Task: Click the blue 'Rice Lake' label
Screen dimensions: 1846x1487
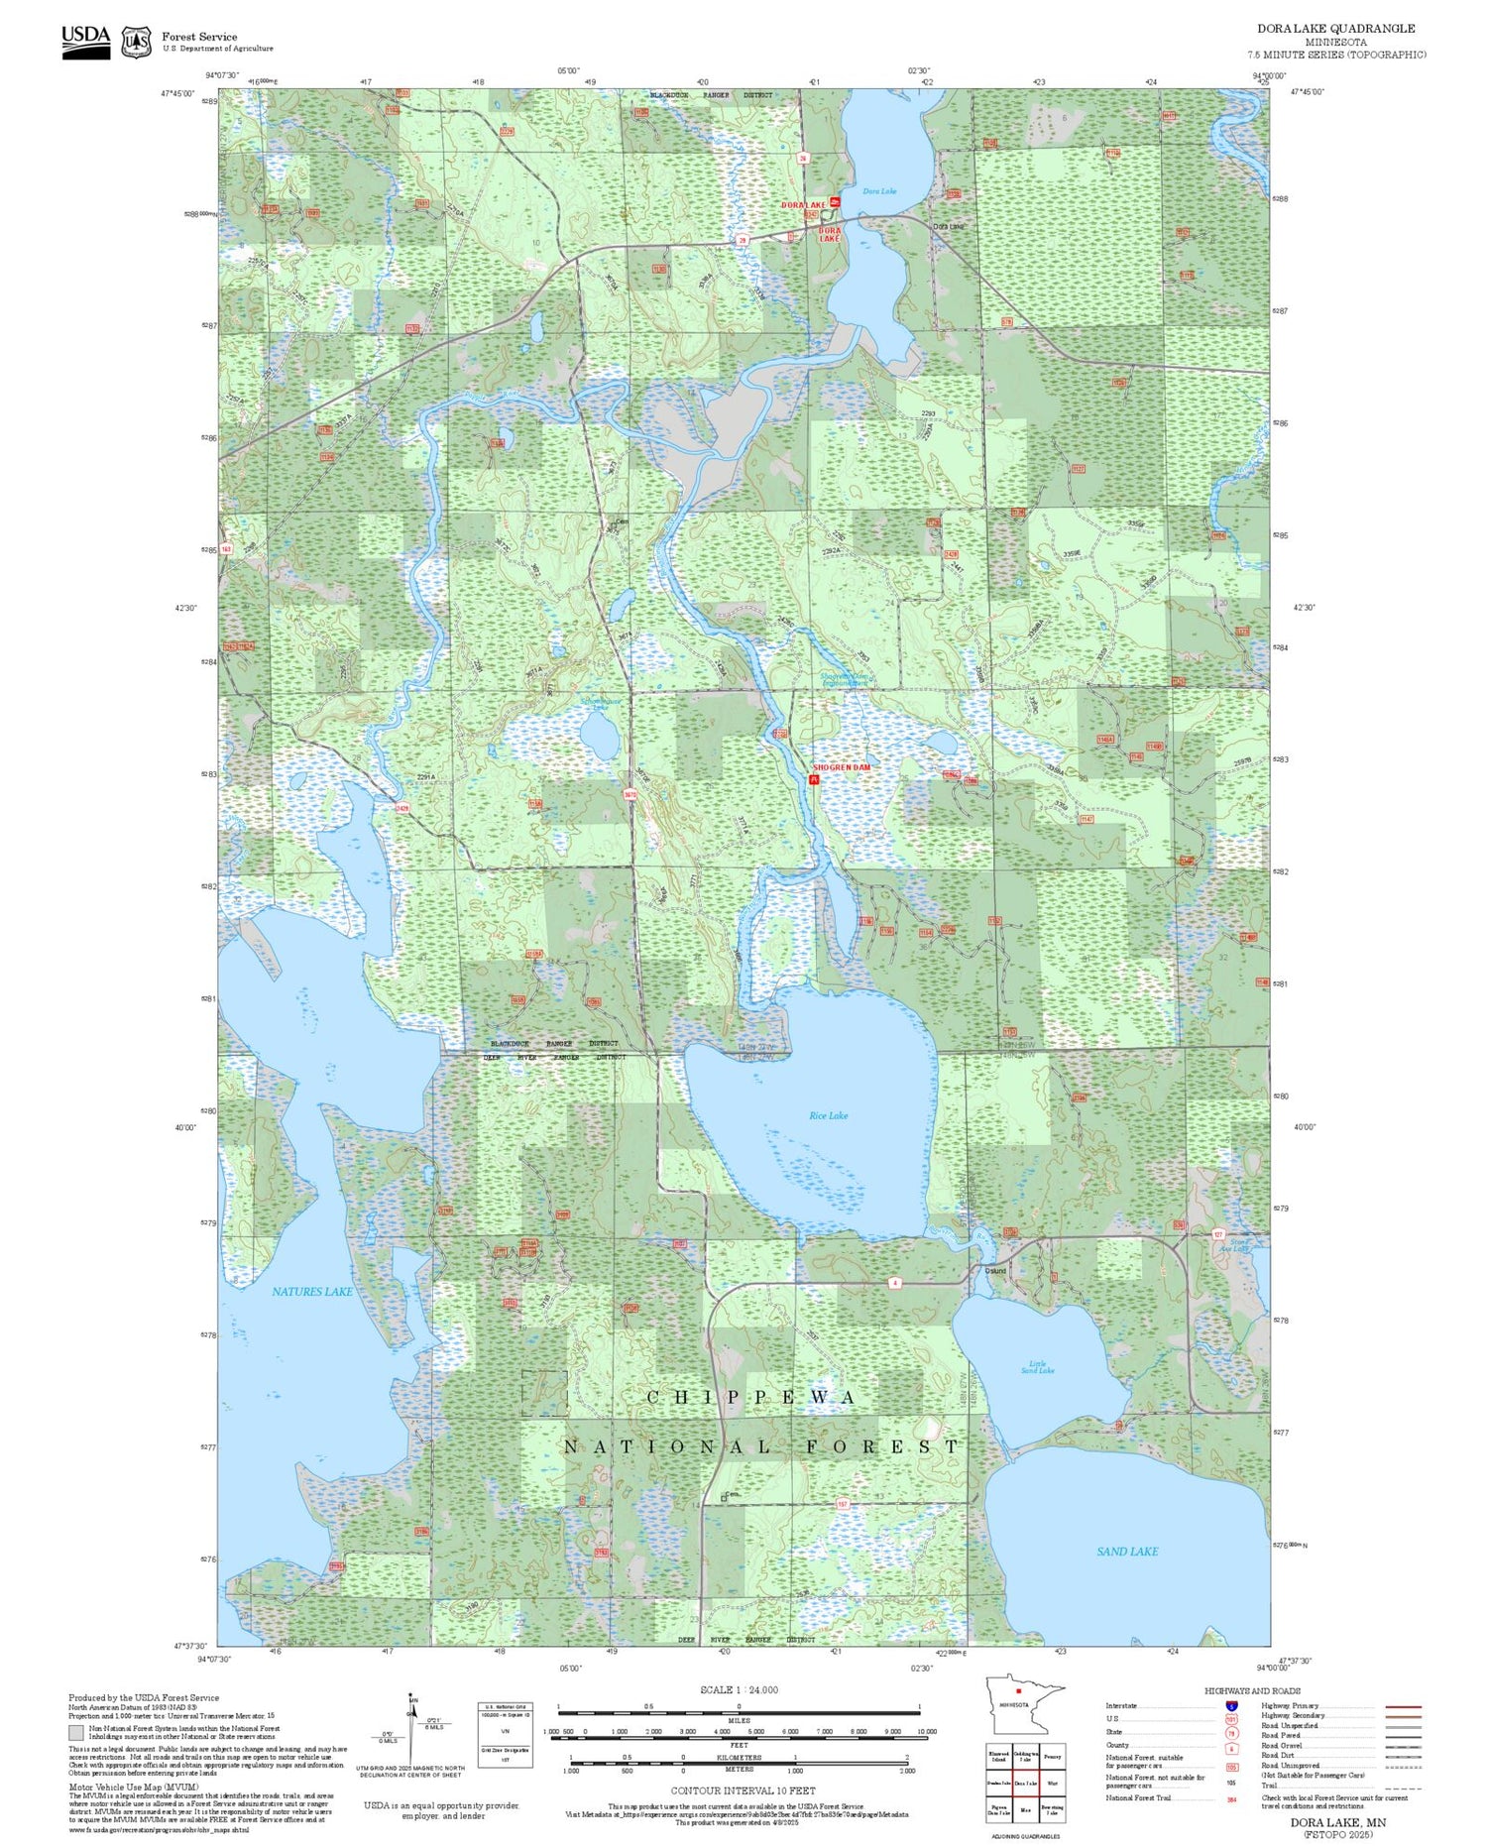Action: tap(828, 1115)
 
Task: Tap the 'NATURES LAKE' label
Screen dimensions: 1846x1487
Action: tap(312, 1292)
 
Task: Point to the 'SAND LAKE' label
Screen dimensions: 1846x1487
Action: tap(1127, 1552)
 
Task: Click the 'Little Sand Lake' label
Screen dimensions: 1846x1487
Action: tap(1037, 1367)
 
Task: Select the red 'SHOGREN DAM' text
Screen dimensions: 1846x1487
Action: tap(842, 767)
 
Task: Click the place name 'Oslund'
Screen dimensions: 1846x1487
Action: tap(995, 1270)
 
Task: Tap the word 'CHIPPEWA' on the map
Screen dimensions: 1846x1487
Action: tap(750, 1397)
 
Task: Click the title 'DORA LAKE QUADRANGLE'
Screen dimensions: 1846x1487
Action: tap(1335, 29)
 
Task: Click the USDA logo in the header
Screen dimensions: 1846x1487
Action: tap(86, 41)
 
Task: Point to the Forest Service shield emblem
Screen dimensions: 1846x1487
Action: tap(136, 42)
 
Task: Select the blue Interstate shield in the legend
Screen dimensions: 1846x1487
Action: tap(1231, 1706)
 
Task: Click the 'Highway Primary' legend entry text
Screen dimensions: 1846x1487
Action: tap(1290, 1706)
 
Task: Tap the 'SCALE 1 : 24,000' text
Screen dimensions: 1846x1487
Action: tap(739, 1690)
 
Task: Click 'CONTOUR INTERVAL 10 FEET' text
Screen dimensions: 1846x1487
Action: tap(743, 1790)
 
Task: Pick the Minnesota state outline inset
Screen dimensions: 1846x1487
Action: tap(1024, 1704)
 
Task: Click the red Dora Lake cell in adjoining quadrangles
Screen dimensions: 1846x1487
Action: tap(1025, 1783)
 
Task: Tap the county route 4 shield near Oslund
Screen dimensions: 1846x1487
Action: tap(894, 1283)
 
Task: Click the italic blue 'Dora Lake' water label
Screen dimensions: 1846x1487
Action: tap(879, 191)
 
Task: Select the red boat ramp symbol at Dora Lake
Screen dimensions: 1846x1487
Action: tap(835, 202)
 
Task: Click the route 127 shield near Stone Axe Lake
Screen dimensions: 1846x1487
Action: tap(1218, 1234)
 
